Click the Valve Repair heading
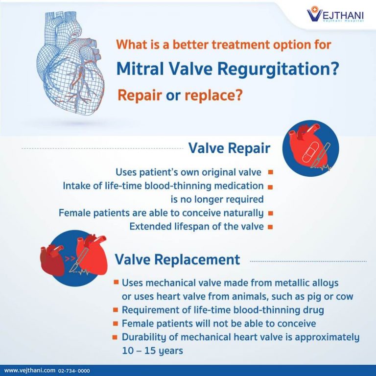(x=229, y=148)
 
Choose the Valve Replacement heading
(x=177, y=259)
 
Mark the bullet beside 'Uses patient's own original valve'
(x=271, y=172)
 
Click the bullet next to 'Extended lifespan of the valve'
(x=271, y=227)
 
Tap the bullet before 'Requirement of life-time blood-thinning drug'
(x=116, y=310)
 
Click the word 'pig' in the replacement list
(x=312, y=297)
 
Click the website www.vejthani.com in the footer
(x=30, y=371)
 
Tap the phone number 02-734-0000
(x=74, y=371)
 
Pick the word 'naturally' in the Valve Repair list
(x=243, y=213)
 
